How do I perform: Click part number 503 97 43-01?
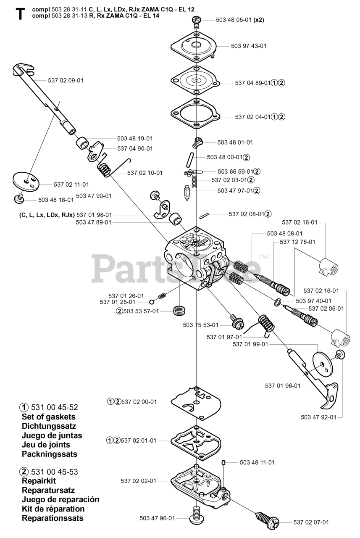coord(248,46)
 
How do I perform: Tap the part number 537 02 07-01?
coord(311,522)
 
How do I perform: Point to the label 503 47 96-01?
coord(157,518)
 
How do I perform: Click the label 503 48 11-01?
coord(257,462)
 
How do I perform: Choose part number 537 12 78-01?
coord(297,242)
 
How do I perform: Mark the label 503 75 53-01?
coord(200,324)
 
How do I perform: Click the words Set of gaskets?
coord(48,417)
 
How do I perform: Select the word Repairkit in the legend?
coord(39,481)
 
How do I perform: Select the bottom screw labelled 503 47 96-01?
coord(196,515)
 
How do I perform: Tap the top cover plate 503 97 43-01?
coord(195,47)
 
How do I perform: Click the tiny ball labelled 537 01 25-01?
coord(152,301)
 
